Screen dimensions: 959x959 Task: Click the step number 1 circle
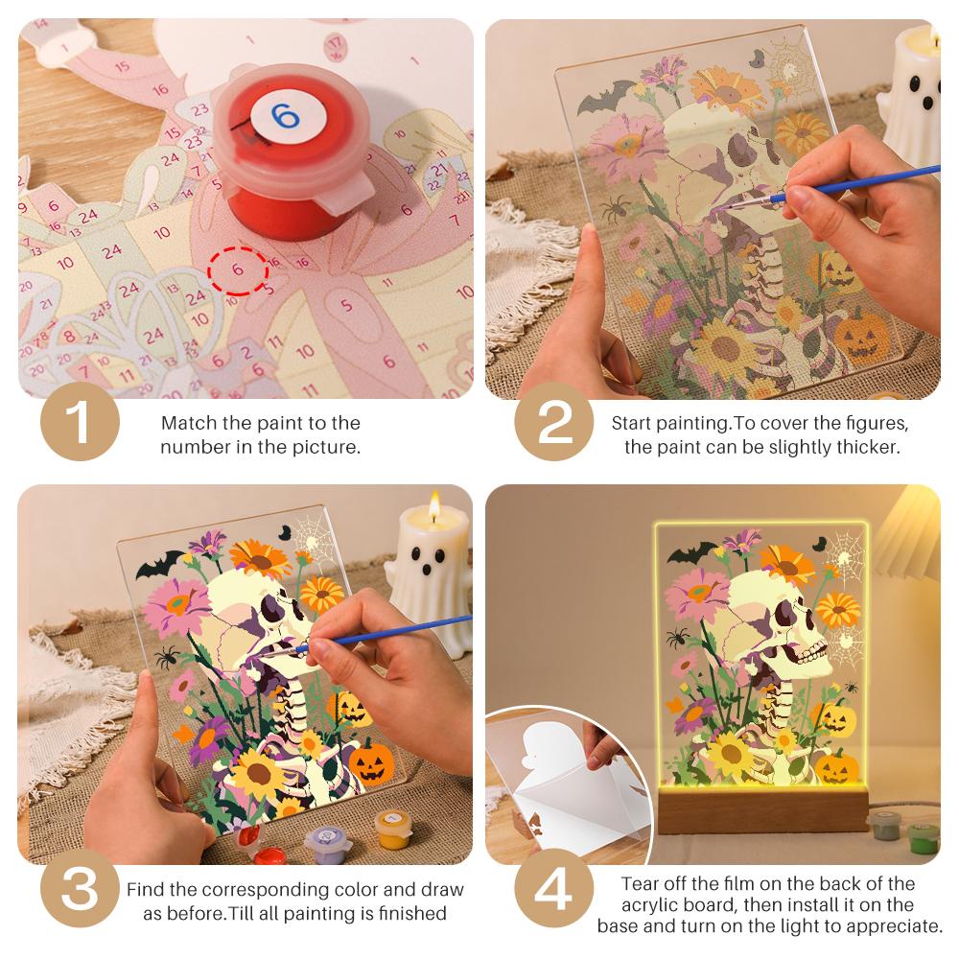point(80,421)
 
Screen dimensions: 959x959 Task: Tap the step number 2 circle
point(553,421)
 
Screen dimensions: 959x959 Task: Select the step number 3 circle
point(80,888)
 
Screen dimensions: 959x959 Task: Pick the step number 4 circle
point(553,888)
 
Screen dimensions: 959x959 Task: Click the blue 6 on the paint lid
point(285,115)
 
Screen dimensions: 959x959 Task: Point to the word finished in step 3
point(412,913)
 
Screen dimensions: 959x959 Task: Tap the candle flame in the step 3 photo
point(434,505)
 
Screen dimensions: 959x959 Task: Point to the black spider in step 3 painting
point(166,659)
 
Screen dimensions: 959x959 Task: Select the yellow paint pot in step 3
point(391,829)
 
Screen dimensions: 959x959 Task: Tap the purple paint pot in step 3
point(327,841)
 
